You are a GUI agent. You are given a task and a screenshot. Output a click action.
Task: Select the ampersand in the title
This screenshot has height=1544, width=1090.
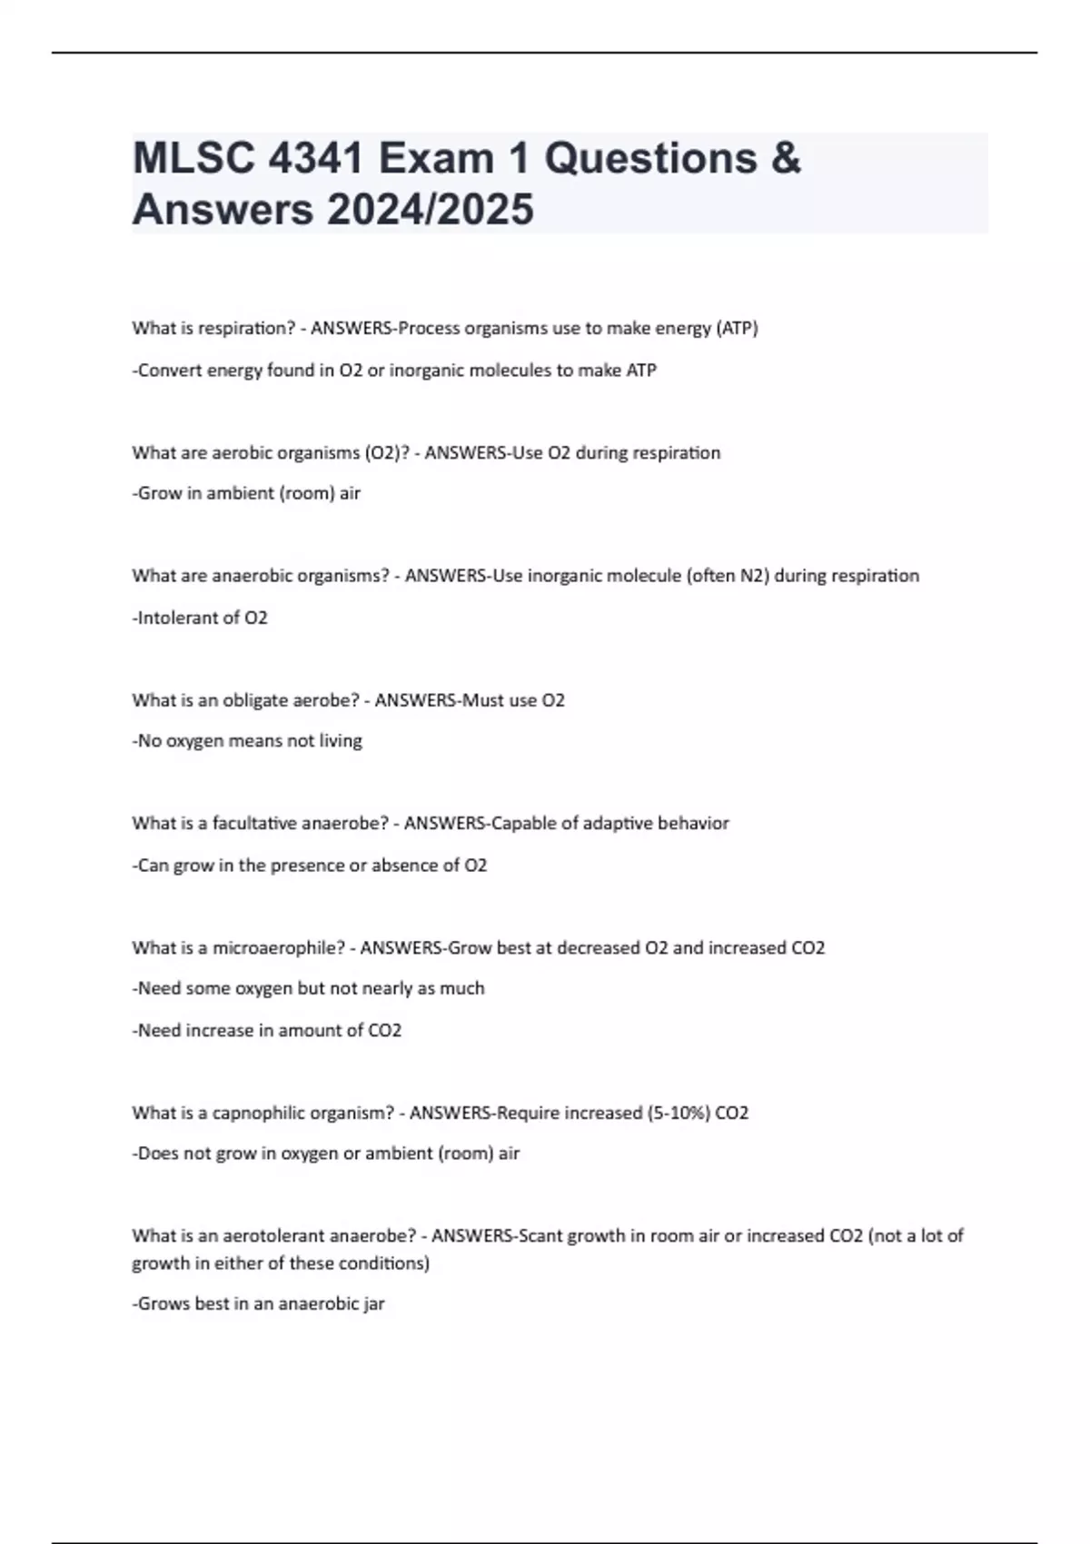click(x=786, y=158)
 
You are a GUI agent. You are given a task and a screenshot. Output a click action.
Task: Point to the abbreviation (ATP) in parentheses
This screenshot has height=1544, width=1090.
click(x=738, y=328)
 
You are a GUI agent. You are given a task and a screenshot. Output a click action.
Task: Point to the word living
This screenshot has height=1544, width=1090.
click(x=341, y=741)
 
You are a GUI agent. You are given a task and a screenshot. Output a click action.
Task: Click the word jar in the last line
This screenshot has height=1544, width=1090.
click(x=374, y=1304)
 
